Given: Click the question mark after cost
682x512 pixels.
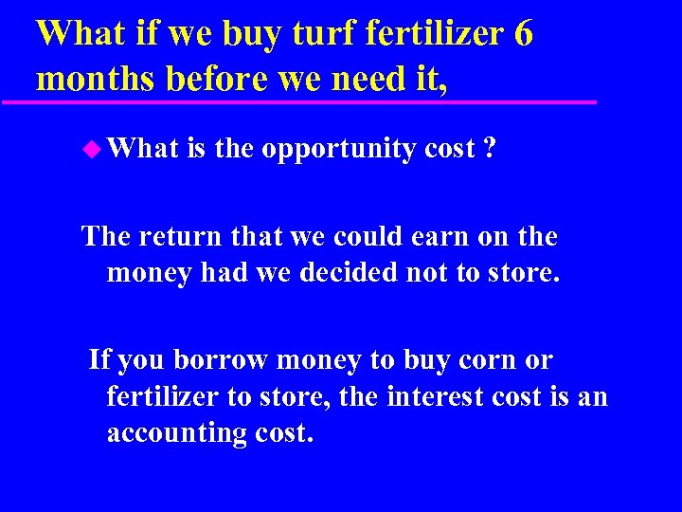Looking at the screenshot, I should pos(489,148).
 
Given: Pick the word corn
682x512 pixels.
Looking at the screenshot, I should pos(484,361).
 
